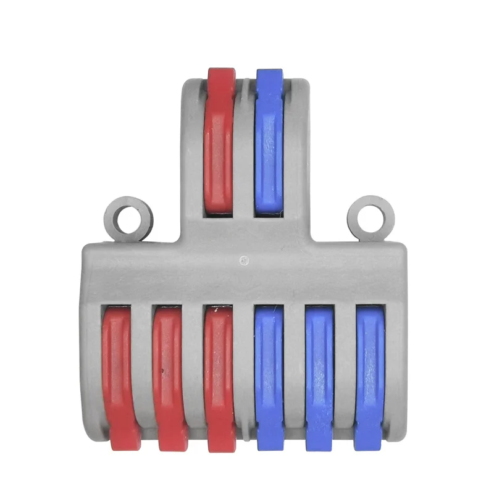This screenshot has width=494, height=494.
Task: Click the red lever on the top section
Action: click(220, 142)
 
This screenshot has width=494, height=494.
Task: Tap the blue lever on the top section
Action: click(269, 142)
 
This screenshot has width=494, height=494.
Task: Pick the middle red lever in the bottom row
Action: click(169, 371)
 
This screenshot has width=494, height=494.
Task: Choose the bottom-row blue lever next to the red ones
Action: click(269, 371)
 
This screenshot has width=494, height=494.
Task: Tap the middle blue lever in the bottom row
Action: click(320, 371)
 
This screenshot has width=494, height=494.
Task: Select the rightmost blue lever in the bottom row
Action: click(370, 371)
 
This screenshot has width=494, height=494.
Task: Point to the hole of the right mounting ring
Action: click(371, 218)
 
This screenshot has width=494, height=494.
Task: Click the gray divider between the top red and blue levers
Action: click(245, 148)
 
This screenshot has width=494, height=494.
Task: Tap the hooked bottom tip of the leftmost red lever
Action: click(125, 442)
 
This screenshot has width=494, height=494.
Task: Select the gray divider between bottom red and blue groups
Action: click(245, 371)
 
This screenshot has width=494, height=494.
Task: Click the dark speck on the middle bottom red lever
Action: click(162, 372)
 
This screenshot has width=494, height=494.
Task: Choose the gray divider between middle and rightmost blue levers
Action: click(345, 371)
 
